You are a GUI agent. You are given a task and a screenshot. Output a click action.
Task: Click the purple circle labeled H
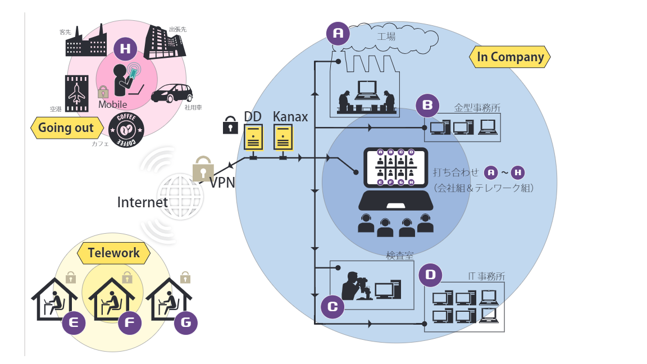tap(125, 49)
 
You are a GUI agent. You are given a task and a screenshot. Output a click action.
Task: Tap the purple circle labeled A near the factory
tap(338, 34)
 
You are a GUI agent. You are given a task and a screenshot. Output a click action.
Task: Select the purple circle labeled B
tap(427, 105)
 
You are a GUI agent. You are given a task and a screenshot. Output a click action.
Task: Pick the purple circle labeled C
tap(332, 307)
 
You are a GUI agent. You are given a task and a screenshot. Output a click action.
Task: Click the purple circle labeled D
tap(430, 275)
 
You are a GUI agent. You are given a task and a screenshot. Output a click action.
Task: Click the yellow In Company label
tap(511, 57)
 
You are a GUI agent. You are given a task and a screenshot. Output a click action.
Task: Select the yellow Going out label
tap(66, 128)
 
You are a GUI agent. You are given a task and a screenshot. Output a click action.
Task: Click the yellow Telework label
tap(114, 253)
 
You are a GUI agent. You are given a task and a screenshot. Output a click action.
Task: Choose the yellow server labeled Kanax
tap(283, 137)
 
